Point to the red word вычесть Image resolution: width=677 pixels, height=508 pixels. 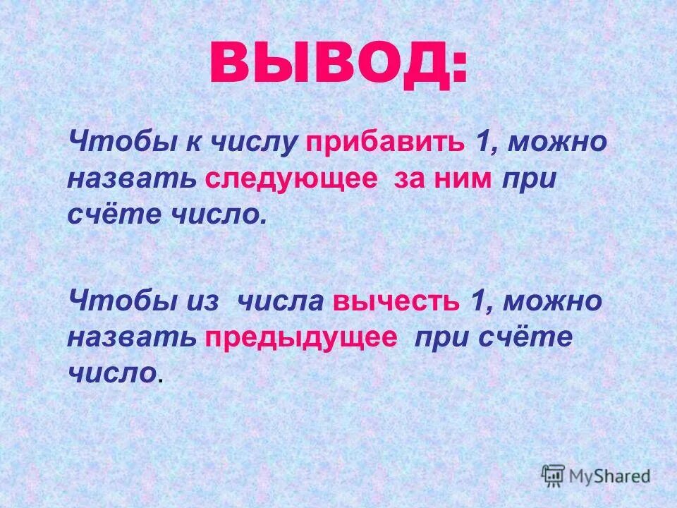click(391, 301)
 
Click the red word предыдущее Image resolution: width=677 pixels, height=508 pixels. click(302, 337)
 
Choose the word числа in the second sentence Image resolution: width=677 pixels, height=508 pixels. click(280, 301)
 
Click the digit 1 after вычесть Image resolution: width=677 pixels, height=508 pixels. click(477, 301)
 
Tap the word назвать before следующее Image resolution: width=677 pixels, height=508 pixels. click(132, 178)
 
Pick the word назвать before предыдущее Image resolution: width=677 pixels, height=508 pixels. click(132, 337)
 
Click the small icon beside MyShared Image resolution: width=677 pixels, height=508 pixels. click(553, 475)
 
